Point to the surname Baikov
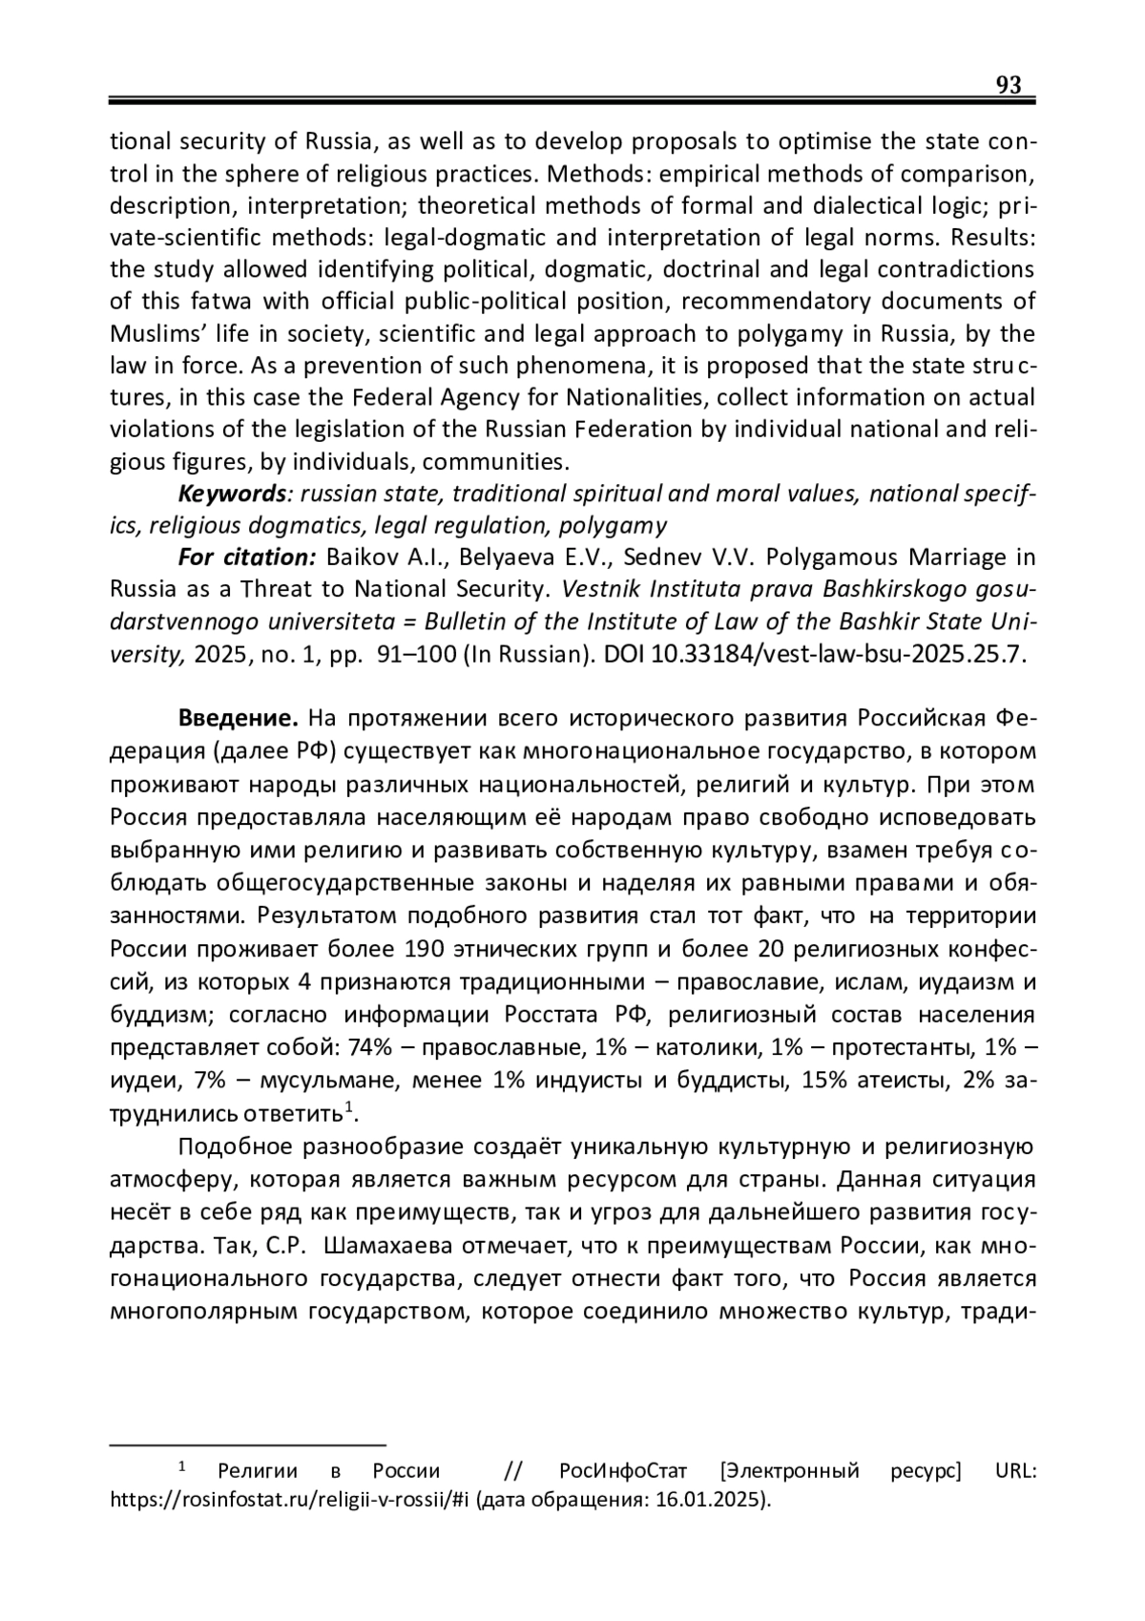click(x=359, y=558)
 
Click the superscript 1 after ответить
click(x=349, y=1107)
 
